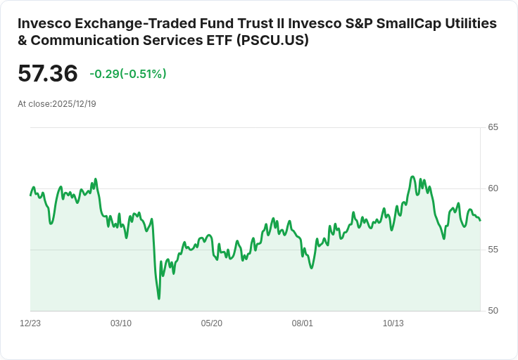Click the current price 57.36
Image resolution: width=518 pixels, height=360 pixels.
point(48,74)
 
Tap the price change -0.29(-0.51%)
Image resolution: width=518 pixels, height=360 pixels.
point(127,74)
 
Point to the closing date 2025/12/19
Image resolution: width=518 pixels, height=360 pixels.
point(74,104)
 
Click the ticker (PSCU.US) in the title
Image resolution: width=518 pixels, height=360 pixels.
point(272,41)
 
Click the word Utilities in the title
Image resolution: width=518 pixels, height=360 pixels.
point(472,23)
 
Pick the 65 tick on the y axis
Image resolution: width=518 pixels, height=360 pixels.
point(493,127)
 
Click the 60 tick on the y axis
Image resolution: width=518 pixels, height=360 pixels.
point(493,188)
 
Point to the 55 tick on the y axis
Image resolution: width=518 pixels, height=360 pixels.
point(493,250)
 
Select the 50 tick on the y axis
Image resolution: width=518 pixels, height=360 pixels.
point(493,311)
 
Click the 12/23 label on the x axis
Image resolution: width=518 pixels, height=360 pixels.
point(30,323)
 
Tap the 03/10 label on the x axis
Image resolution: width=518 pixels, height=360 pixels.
point(121,323)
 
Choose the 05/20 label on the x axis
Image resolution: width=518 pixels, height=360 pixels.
point(212,323)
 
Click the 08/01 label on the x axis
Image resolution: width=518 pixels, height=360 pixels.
point(303,323)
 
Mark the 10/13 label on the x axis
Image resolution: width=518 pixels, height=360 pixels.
point(393,323)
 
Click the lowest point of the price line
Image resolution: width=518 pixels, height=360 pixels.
point(159,299)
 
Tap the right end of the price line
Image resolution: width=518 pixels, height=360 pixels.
point(480,220)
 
